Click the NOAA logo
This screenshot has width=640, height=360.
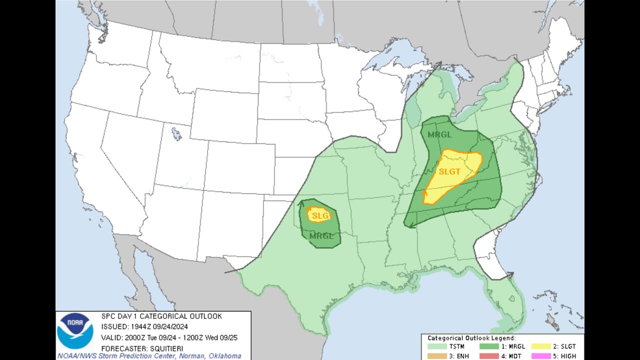click(x=74, y=331)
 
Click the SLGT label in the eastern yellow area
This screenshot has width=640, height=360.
click(x=449, y=171)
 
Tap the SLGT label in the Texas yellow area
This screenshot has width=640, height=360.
click(x=320, y=216)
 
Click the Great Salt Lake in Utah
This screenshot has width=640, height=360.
click(x=176, y=134)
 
